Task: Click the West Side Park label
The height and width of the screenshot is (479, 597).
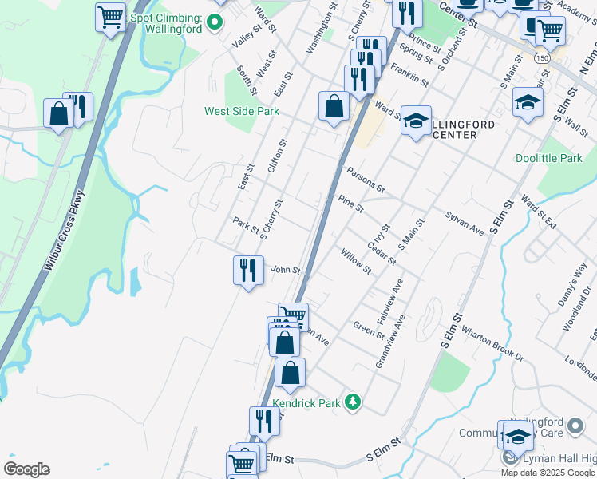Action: pos(242,111)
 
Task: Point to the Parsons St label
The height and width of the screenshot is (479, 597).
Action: pos(366,180)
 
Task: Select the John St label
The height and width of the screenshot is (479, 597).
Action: pos(286,271)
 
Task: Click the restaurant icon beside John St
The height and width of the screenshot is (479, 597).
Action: pos(248,270)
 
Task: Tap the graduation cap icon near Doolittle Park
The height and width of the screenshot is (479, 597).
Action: pos(528,103)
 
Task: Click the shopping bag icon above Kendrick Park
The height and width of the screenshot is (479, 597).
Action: pos(290,372)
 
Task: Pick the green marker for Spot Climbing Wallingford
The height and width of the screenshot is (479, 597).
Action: pos(214,22)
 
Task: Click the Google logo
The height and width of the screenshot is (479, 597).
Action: pos(26,469)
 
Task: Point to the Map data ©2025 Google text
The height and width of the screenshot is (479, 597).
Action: pos(548,473)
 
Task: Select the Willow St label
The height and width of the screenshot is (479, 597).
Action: pos(356,261)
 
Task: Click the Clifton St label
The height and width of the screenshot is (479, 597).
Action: pos(278,153)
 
